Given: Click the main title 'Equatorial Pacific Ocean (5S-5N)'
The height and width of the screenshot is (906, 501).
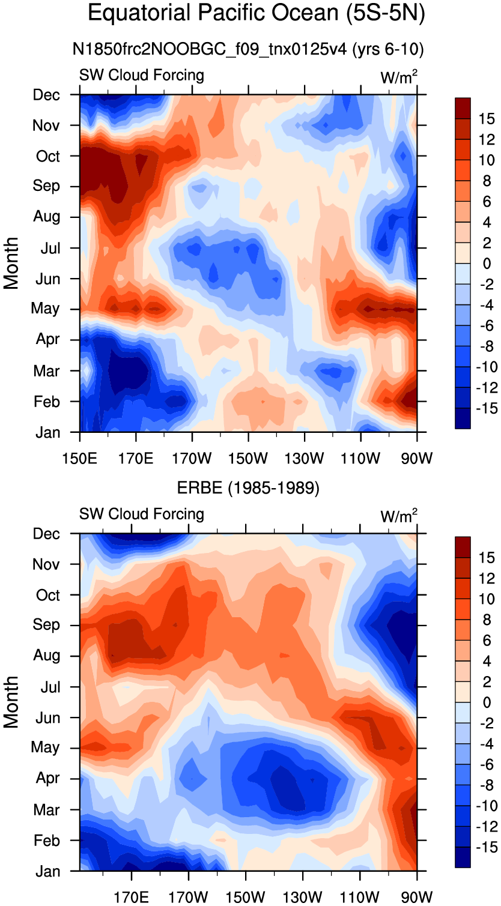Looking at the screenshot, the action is pyautogui.click(x=257, y=13).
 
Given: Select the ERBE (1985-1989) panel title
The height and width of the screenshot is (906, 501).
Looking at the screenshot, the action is pyautogui.click(x=249, y=488).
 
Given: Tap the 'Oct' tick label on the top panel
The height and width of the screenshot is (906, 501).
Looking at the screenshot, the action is pyautogui.click(x=47, y=156).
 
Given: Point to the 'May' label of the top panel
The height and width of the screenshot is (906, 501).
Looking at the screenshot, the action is pyautogui.click(x=45, y=309).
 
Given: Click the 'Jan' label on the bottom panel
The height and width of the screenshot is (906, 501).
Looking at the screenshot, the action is pyautogui.click(x=47, y=871).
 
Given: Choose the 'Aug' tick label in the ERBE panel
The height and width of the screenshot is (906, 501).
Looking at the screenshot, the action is pyautogui.click(x=46, y=655).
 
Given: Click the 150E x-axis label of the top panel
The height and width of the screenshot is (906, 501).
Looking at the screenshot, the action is pyautogui.click(x=80, y=458).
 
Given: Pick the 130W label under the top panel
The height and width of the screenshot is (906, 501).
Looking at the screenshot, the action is pyautogui.click(x=305, y=458).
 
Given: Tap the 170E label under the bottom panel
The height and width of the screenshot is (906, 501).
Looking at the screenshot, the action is pyautogui.click(x=131, y=897).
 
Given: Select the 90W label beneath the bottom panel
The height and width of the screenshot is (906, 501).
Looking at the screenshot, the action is pyautogui.click(x=417, y=897).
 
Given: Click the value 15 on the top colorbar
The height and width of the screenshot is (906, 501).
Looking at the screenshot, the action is pyautogui.click(x=487, y=119).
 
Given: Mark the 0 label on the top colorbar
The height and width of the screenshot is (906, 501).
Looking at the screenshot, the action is pyautogui.click(x=487, y=264).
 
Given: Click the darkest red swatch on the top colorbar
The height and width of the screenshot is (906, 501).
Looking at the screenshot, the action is pyautogui.click(x=463, y=108).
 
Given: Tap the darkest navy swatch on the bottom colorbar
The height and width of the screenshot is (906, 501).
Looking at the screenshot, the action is pyautogui.click(x=463, y=857).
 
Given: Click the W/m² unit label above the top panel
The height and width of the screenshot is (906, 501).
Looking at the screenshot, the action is pyautogui.click(x=399, y=77).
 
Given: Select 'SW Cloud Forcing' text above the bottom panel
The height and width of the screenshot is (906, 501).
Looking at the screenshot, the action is pyautogui.click(x=142, y=514).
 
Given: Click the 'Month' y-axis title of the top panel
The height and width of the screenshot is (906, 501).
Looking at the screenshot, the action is pyautogui.click(x=11, y=264).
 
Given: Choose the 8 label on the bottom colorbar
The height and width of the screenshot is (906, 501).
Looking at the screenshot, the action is pyautogui.click(x=487, y=620).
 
